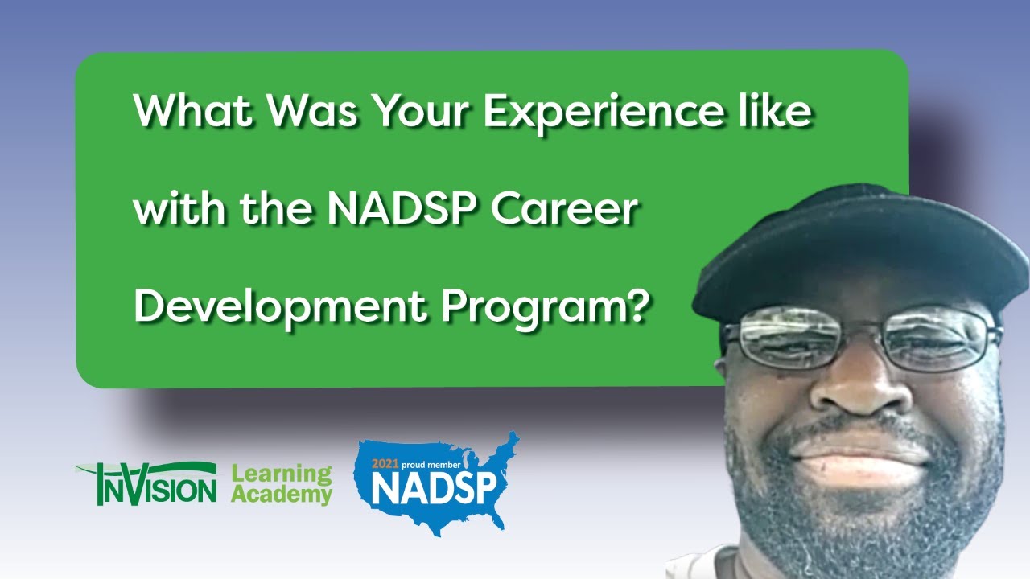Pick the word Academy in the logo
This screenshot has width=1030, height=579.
pyautogui.click(x=281, y=495)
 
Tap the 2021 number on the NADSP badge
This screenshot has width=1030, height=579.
pyautogui.click(x=385, y=465)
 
